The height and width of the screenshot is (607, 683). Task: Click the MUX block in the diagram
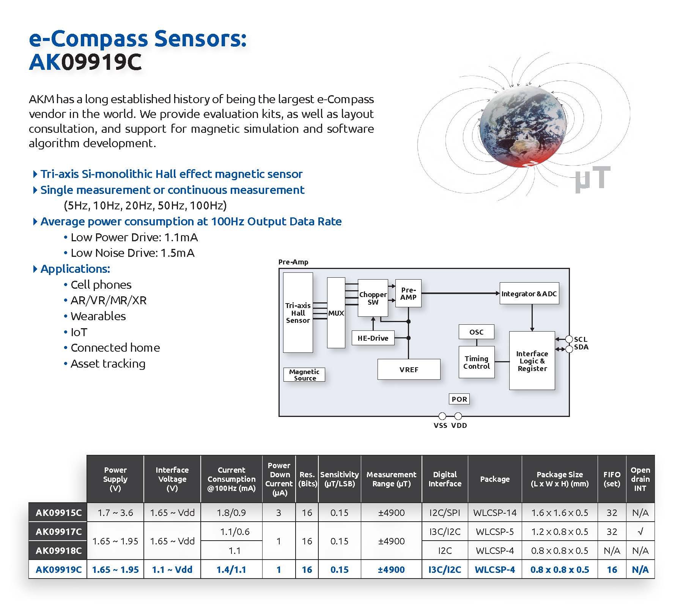(x=336, y=313)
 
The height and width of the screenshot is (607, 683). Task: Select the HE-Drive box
(x=373, y=338)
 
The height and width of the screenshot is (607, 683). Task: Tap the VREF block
(x=409, y=369)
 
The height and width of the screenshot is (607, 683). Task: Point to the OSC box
(x=476, y=332)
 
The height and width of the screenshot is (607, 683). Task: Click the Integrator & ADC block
(x=529, y=294)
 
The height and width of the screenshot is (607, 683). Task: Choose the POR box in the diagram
(x=459, y=399)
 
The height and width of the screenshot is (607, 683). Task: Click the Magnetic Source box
(x=304, y=375)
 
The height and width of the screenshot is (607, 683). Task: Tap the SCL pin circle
(x=569, y=339)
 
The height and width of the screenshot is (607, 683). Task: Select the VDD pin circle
(x=458, y=416)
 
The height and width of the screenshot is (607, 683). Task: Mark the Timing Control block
(x=476, y=362)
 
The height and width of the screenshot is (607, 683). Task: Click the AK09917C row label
(x=58, y=532)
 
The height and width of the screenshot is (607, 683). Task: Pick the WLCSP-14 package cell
(x=494, y=513)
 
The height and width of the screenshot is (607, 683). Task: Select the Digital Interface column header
(x=445, y=479)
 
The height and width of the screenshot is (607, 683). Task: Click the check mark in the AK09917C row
(x=640, y=532)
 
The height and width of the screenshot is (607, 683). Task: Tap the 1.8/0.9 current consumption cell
(x=231, y=513)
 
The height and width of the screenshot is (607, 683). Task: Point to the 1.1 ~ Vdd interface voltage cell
(x=172, y=569)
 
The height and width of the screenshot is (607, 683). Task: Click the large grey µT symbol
(x=592, y=179)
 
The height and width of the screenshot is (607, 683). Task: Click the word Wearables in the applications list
(x=98, y=316)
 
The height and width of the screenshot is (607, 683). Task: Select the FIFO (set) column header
(x=612, y=479)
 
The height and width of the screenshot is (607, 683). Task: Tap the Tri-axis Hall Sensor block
(x=298, y=313)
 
